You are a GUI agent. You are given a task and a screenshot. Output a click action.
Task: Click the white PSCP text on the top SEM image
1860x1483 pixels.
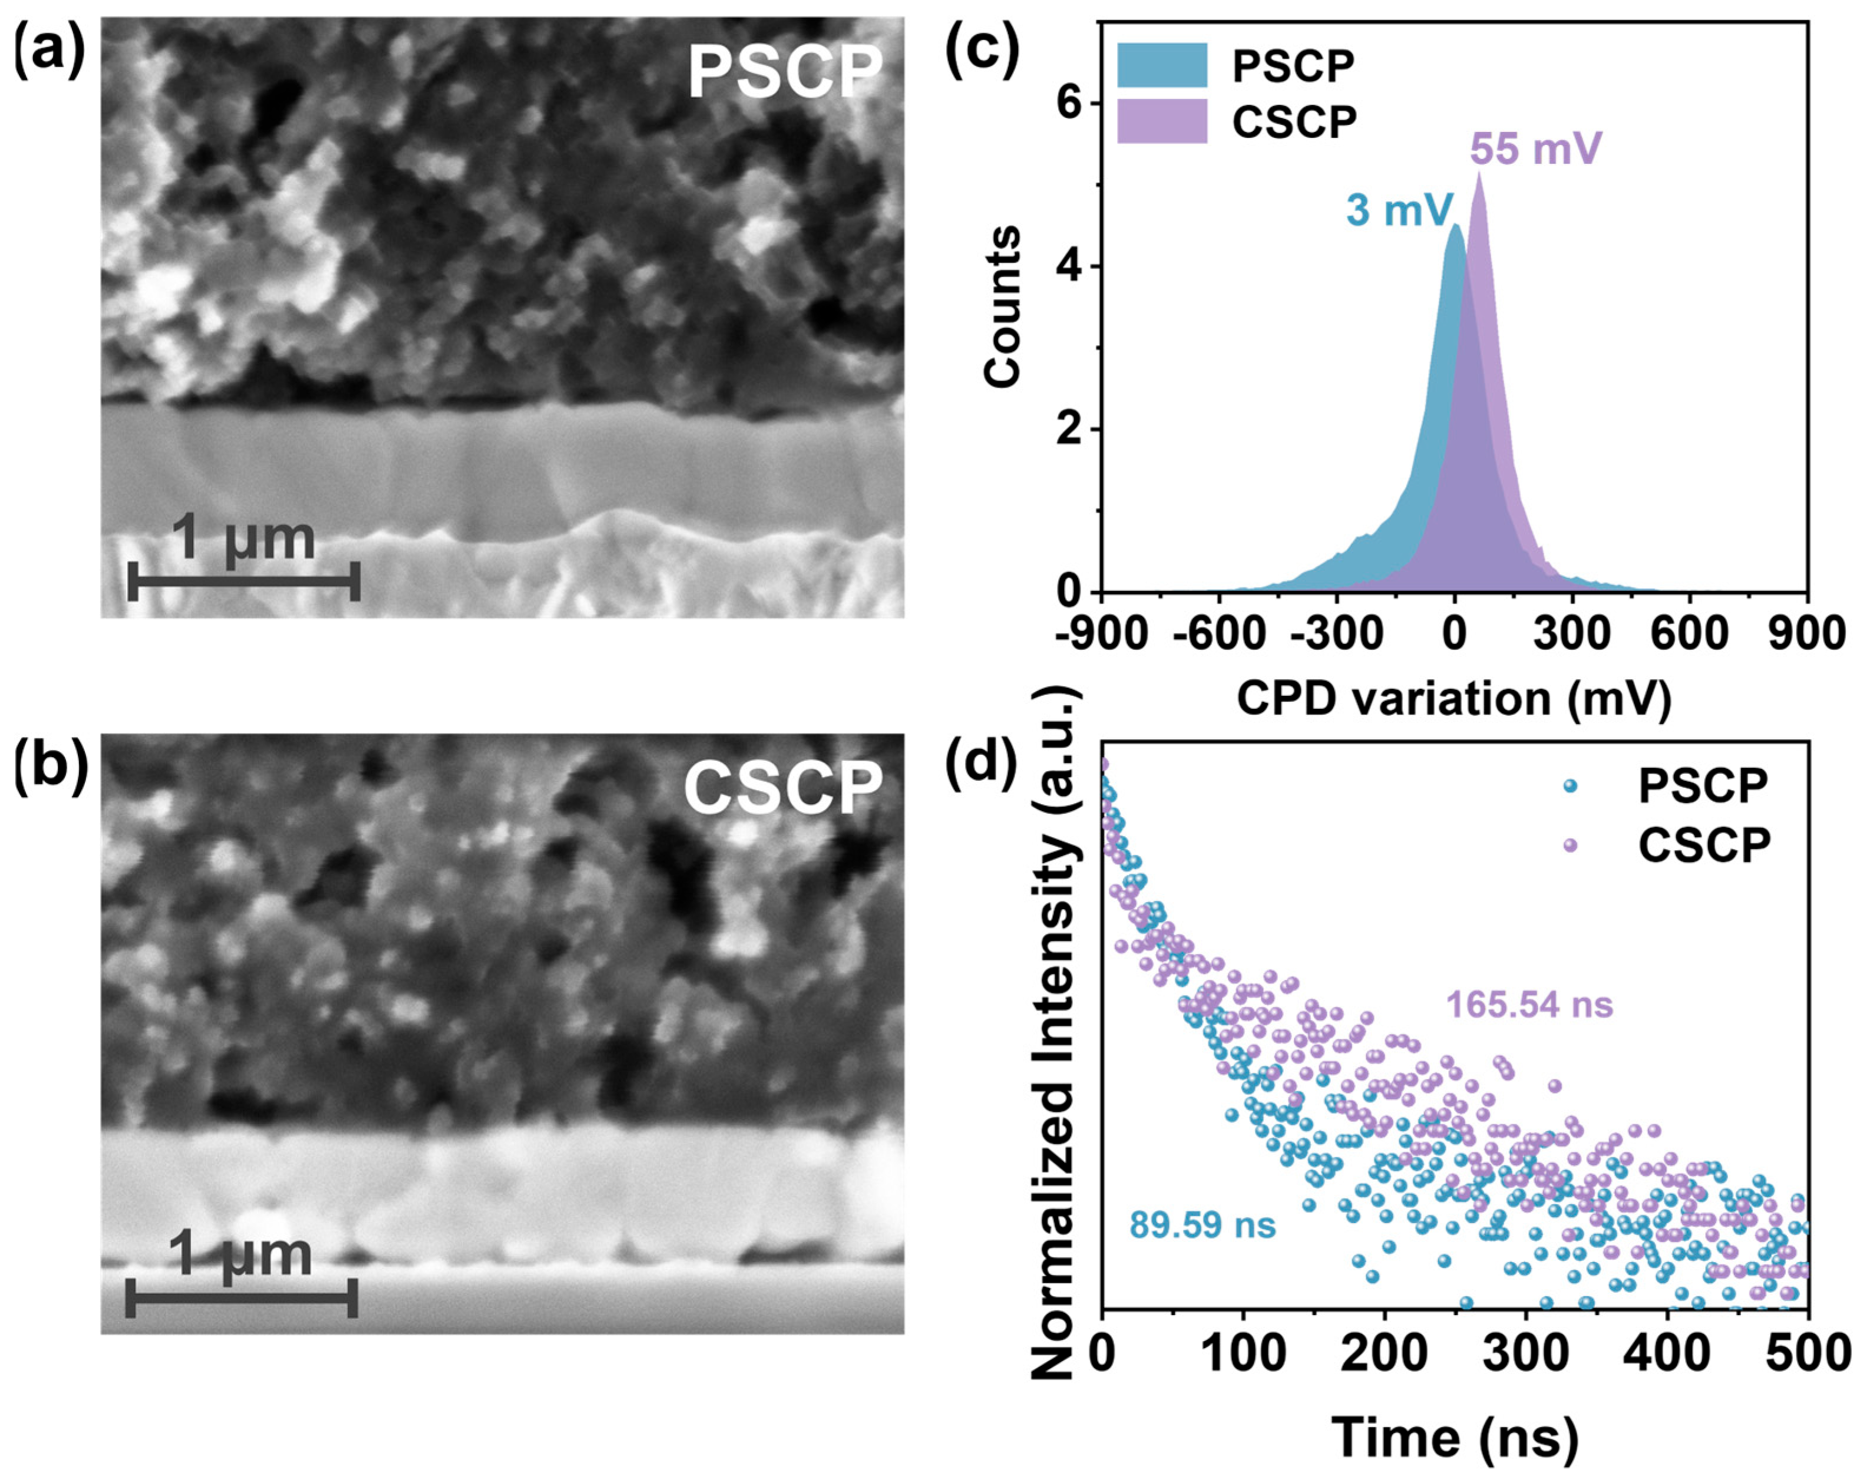[785, 73]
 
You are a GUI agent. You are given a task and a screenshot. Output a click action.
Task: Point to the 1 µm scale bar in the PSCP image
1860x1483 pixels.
[243, 584]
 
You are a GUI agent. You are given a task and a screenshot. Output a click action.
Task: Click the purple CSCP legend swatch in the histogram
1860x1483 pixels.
[1161, 121]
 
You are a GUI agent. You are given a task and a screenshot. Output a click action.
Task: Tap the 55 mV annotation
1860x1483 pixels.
[1535, 149]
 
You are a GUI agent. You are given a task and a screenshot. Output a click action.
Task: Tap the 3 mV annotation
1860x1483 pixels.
[1399, 210]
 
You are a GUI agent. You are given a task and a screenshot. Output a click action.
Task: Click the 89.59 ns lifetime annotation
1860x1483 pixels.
[1202, 1225]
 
